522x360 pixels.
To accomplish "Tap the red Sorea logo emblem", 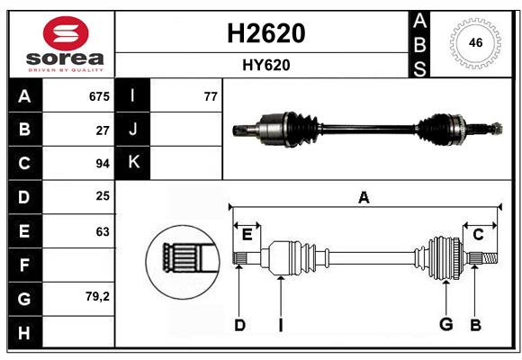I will click(x=65, y=34).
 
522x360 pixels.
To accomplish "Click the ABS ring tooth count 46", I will click(x=475, y=42).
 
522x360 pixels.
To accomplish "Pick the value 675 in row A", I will click(x=99, y=96).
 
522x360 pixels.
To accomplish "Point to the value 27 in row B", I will click(x=103, y=130).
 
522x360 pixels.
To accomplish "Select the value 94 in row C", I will click(x=103, y=164).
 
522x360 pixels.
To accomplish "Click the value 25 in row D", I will click(x=103, y=197).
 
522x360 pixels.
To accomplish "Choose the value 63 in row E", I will click(x=103, y=231).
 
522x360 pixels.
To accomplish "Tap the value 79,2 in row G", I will click(x=98, y=297).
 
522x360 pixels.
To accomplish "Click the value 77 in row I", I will click(x=211, y=96).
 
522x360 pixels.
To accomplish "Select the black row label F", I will click(x=24, y=265).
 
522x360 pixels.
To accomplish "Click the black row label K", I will click(x=134, y=163).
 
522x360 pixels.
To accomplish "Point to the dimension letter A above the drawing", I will click(x=364, y=197).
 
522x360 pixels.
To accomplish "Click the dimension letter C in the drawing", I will click(x=479, y=235).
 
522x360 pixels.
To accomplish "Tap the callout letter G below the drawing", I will click(x=445, y=325).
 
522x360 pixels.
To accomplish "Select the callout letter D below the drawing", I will click(x=239, y=325).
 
